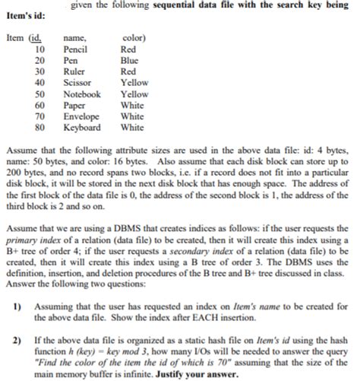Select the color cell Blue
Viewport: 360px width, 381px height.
click(130, 60)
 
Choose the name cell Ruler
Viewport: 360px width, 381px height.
click(74, 71)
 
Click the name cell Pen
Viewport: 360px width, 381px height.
click(71, 60)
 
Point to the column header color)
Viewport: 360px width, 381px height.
click(134, 38)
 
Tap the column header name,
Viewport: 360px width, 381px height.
click(77, 38)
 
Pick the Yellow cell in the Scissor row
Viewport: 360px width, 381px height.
click(134, 82)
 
